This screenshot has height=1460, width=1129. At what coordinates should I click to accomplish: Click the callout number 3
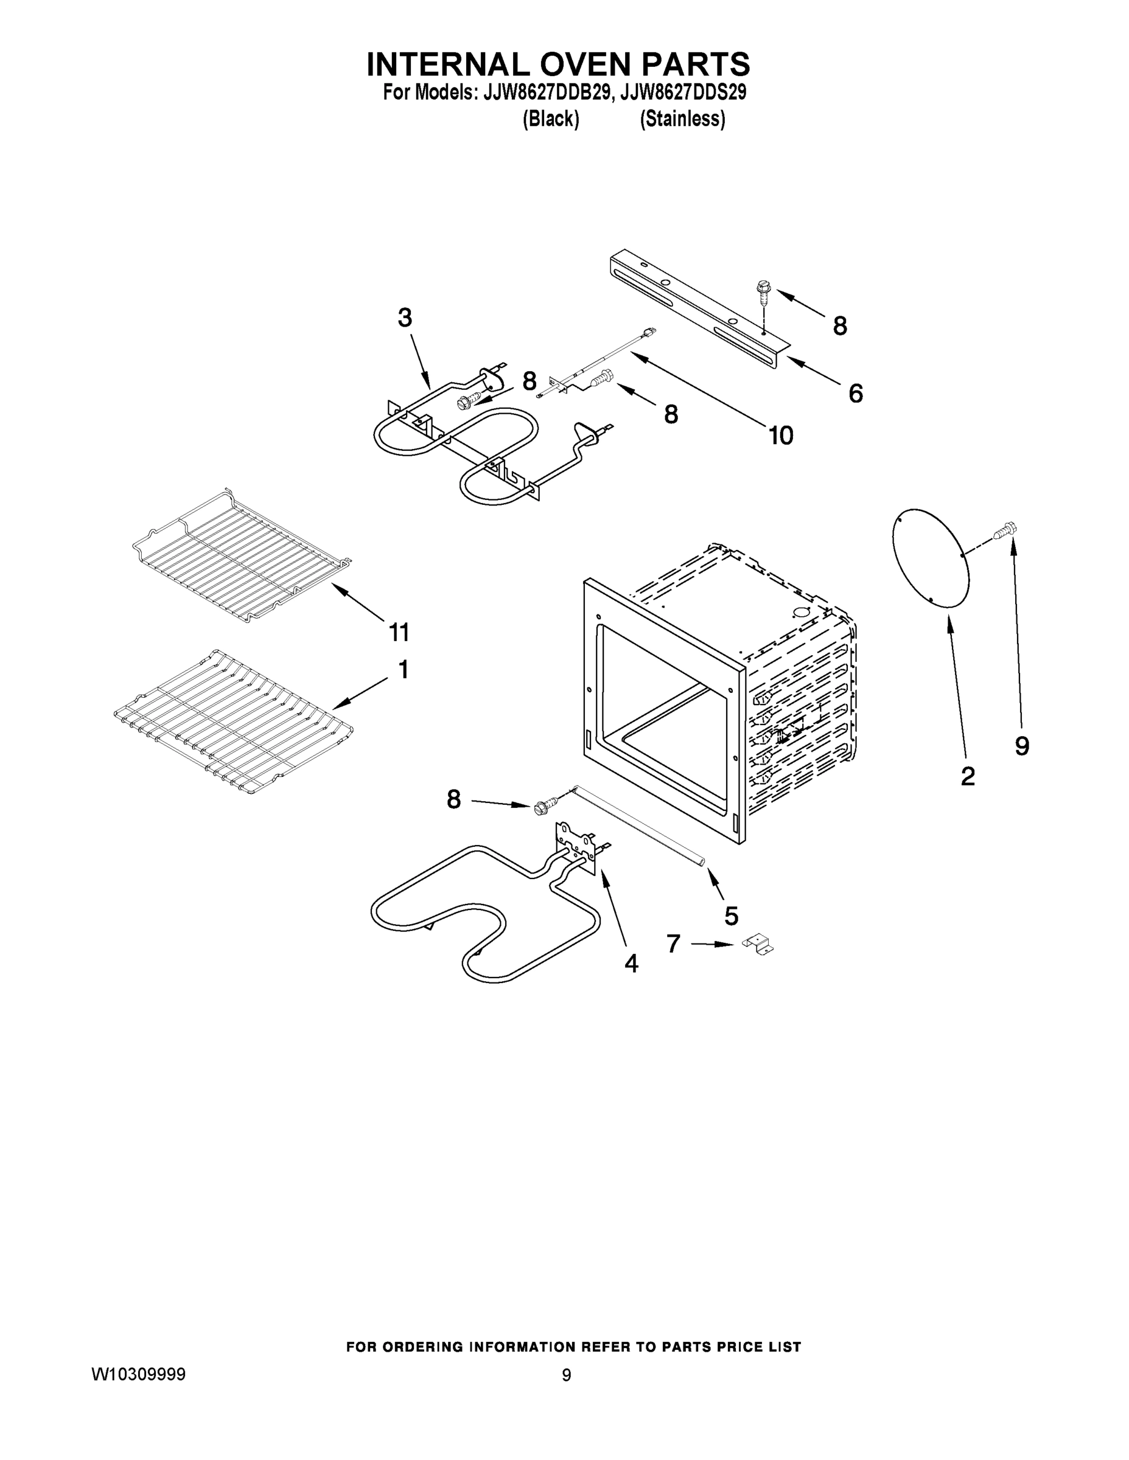405,318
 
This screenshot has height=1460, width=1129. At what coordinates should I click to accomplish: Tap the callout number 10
780,436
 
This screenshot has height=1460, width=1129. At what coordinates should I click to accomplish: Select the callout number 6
856,394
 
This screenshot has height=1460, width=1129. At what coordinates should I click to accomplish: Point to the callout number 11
399,631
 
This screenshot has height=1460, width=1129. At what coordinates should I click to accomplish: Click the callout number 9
1022,746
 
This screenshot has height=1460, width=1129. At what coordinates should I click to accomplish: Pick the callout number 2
967,776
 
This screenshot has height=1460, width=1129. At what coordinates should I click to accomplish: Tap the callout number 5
731,916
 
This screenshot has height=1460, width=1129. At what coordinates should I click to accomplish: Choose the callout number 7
674,944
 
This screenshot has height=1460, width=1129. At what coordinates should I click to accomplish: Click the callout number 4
631,964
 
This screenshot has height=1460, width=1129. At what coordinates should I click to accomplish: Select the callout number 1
404,669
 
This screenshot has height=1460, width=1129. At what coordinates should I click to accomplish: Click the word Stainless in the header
682,119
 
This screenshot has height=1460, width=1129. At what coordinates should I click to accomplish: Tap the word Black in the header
550,119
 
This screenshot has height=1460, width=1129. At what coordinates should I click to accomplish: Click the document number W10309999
138,1374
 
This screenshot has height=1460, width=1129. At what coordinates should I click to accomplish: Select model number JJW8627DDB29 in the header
546,92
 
